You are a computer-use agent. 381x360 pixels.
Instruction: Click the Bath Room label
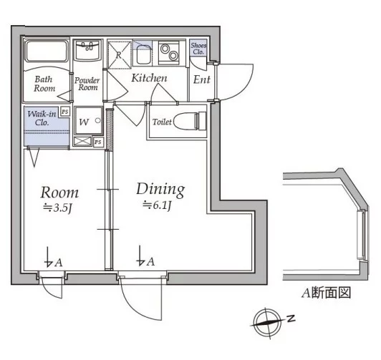[x=44, y=84]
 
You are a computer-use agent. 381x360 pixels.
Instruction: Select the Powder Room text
[x=87, y=84]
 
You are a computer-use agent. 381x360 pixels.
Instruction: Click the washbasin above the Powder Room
[x=90, y=52]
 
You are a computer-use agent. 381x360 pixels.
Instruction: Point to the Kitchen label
[x=149, y=77]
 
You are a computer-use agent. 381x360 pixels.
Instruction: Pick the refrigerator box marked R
[x=119, y=54]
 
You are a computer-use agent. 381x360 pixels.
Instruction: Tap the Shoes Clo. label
[x=198, y=49]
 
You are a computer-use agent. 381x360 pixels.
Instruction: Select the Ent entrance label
[x=201, y=79]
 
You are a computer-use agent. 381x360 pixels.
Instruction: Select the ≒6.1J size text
[x=155, y=205]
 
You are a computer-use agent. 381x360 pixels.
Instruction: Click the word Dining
[x=160, y=190]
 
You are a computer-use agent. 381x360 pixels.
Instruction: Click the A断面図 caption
[x=326, y=294]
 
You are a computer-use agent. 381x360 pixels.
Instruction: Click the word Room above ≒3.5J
[x=59, y=193]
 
